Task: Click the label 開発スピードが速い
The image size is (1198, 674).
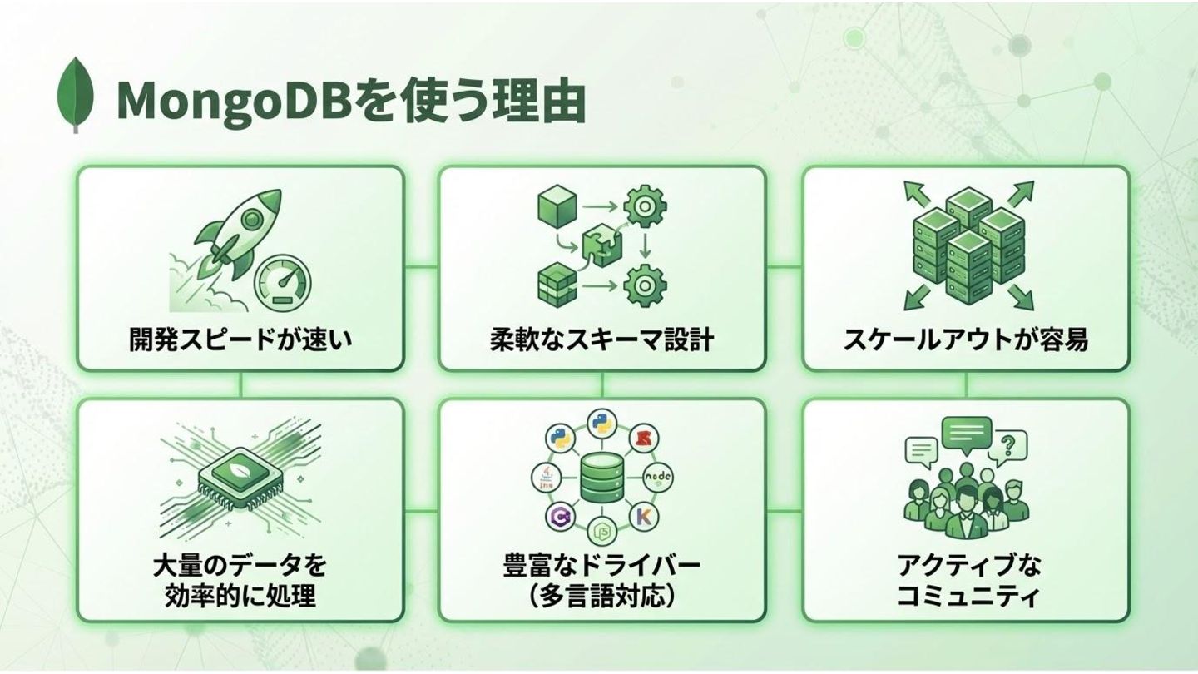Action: coord(240,339)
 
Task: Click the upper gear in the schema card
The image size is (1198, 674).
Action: coord(642,207)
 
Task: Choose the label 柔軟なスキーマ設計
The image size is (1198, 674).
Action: coord(601,339)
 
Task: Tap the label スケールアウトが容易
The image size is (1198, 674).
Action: coord(965,339)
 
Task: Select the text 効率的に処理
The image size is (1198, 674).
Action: coord(240,597)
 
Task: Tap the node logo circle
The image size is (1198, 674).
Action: coord(659,477)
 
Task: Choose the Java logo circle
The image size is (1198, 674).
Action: coord(547,476)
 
